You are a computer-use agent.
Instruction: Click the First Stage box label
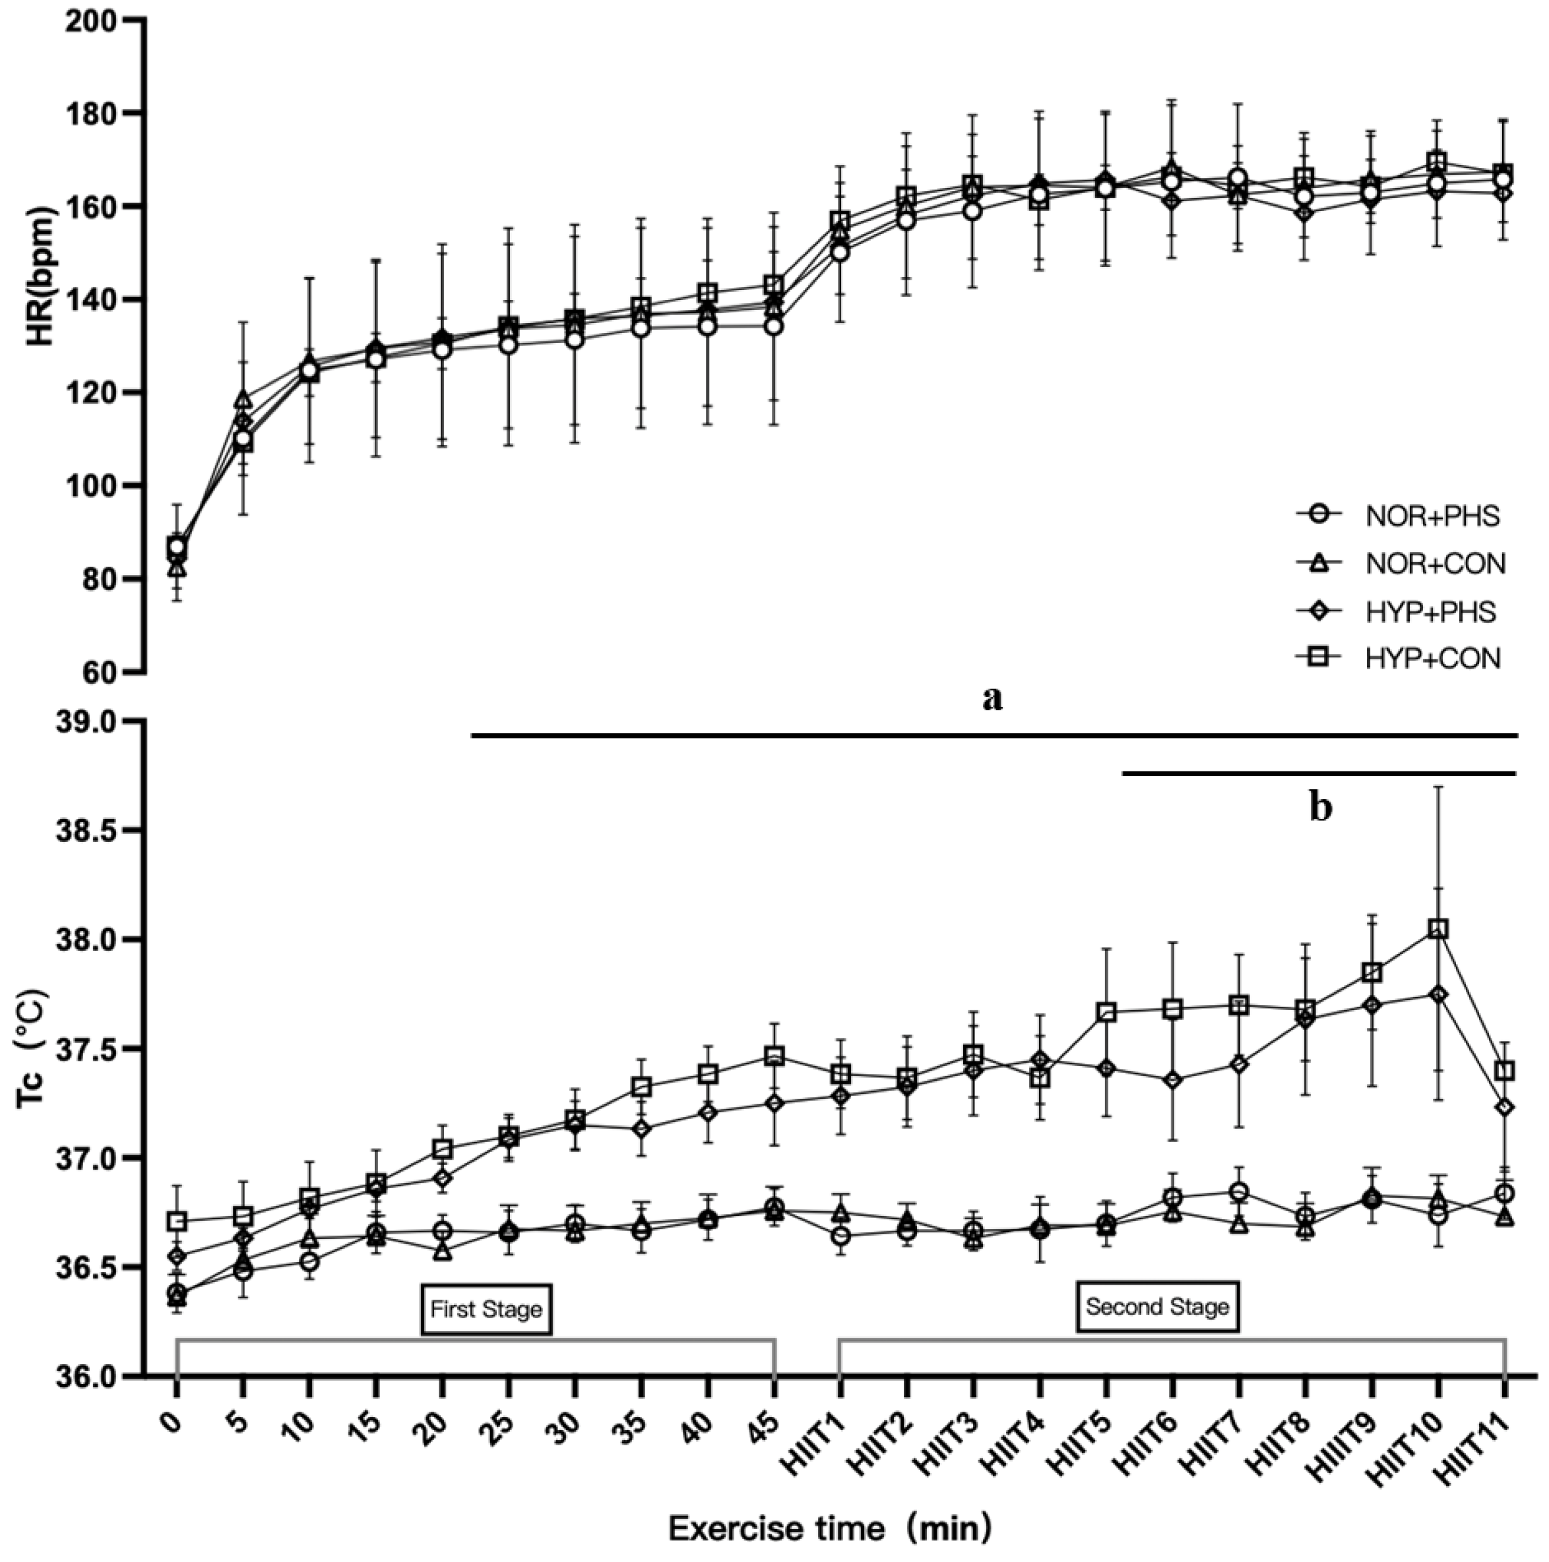tap(486, 1309)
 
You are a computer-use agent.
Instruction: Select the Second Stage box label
tap(1156, 1307)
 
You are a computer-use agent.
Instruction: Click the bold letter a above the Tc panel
tap(992, 697)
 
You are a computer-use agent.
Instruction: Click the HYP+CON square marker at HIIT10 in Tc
tap(1438, 929)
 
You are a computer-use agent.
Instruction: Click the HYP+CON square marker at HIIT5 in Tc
tap(1106, 1012)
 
